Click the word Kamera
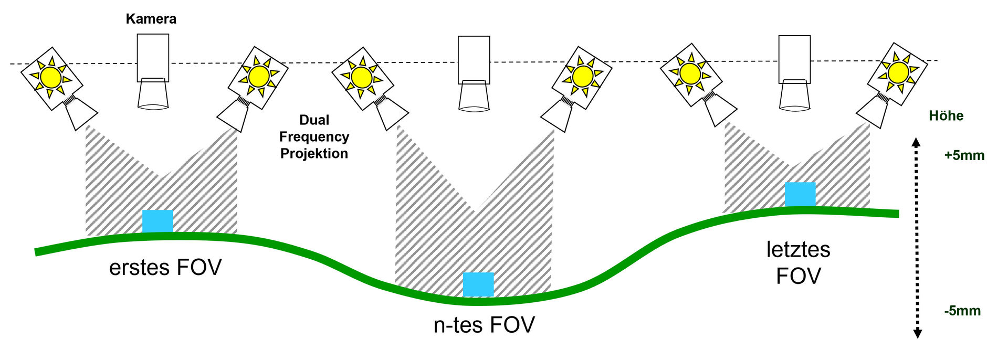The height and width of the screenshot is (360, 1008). click(151, 19)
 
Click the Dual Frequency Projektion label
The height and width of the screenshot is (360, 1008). click(314, 137)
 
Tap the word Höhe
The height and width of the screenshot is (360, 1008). click(946, 116)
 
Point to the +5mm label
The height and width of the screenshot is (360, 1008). click(964, 156)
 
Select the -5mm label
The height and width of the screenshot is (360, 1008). click(962, 311)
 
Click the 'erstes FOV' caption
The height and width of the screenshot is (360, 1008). click(165, 268)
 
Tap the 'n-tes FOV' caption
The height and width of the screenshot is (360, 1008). click(484, 325)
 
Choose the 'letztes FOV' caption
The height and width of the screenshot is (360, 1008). click(798, 263)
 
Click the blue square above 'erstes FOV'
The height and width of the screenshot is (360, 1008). click(157, 221)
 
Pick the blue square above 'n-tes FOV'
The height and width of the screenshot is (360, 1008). click(478, 284)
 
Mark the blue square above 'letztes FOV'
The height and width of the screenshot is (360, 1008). click(800, 194)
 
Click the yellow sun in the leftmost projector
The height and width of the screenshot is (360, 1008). click(51, 78)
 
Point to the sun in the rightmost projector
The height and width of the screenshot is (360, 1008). click(898, 72)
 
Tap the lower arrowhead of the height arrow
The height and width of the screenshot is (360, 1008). click(918, 333)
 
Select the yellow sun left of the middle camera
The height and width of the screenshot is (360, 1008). click(362, 78)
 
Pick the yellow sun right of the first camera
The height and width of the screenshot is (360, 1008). click(259, 77)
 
